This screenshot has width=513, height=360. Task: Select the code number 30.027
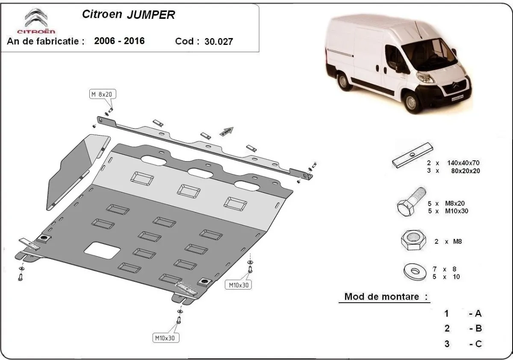218,41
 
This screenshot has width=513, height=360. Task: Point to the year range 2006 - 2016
119,41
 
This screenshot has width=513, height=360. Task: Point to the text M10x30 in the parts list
456,211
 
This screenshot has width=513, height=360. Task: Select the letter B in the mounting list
478,328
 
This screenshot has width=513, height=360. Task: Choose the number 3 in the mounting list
447,343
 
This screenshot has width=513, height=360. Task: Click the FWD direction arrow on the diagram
227,131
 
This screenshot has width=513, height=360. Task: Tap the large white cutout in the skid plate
103,249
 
